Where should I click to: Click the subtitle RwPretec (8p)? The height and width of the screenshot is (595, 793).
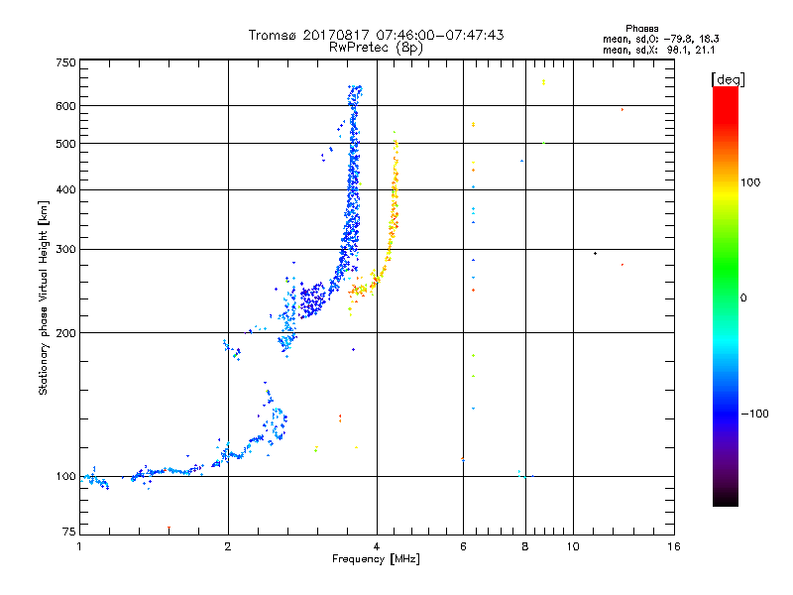377,48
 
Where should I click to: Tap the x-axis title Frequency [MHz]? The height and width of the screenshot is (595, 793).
376,559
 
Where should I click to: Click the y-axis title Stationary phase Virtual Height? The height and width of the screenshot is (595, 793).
43,297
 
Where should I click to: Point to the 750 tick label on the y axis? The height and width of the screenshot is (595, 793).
65,62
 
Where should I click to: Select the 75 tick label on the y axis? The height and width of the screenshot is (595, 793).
68,532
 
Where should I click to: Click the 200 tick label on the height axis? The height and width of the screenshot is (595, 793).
65,333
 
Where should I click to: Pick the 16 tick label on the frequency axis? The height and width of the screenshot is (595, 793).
674,546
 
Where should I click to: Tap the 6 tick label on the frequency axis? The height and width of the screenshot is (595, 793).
463,546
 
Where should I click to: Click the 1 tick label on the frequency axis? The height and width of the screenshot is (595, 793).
79,546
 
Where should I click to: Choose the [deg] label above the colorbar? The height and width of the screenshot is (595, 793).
728,79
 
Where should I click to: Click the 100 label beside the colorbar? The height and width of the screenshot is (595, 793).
750,182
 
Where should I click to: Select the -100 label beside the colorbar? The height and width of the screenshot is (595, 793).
755,414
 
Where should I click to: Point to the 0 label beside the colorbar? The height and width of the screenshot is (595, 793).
742,298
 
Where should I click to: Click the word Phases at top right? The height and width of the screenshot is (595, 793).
641,29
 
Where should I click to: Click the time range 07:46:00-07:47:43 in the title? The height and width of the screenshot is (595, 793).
440,35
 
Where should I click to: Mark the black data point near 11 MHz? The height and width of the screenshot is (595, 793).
596,253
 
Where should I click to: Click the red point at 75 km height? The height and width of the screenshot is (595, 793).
169,528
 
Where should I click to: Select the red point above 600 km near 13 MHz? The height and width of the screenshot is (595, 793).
623,109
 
